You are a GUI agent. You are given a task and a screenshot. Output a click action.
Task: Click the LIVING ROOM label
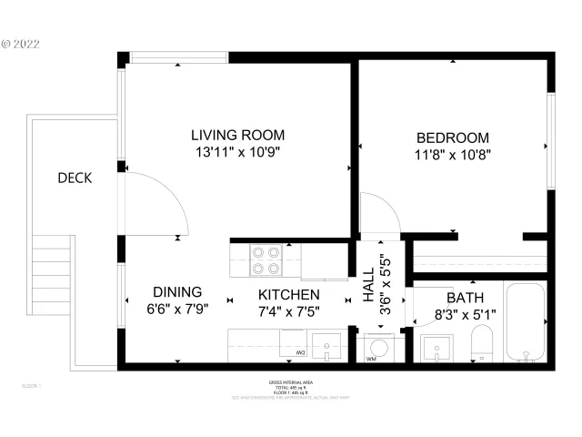tap(237, 136)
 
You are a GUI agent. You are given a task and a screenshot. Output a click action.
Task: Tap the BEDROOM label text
tap(451, 137)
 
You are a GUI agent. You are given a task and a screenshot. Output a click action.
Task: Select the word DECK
tap(75, 178)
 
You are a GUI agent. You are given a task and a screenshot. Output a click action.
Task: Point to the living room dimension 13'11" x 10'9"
tap(237, 153)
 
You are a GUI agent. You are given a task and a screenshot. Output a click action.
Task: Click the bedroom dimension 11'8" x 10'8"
tap(451, 155)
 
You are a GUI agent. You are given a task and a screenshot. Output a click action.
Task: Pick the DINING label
tap(176, 292)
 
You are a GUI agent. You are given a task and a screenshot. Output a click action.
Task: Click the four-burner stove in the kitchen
tap(265, 260)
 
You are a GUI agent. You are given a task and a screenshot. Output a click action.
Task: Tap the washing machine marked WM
tap(376, 349)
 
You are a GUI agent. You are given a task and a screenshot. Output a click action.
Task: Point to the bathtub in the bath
tap(525, 323)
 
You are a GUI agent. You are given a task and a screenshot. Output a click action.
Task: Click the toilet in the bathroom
tap(482, 345)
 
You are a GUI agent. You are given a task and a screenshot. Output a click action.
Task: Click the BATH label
tap(464, 298)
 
